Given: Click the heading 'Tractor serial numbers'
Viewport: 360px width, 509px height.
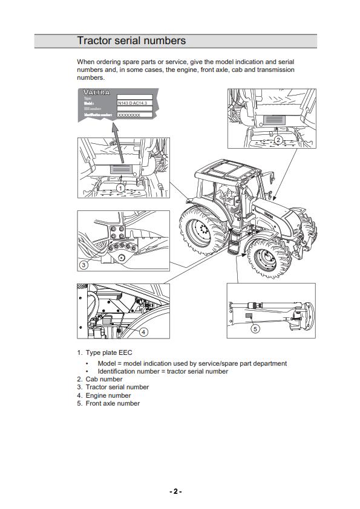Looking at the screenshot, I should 131,41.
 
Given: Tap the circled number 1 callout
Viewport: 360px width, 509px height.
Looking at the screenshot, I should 120,188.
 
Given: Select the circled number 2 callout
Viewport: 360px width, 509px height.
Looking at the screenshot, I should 278,140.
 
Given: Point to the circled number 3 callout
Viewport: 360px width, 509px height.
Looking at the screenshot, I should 84,265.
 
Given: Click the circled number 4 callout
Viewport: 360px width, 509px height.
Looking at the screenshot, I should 143,331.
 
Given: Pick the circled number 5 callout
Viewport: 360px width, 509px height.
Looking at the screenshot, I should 255,329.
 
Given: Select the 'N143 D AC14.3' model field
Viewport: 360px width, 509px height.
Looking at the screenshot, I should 134,103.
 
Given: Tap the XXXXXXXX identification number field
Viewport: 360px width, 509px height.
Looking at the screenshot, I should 129,114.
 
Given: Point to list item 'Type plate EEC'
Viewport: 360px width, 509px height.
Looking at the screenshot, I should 108,352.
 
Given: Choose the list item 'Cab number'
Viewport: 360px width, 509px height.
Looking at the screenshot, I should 103,379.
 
